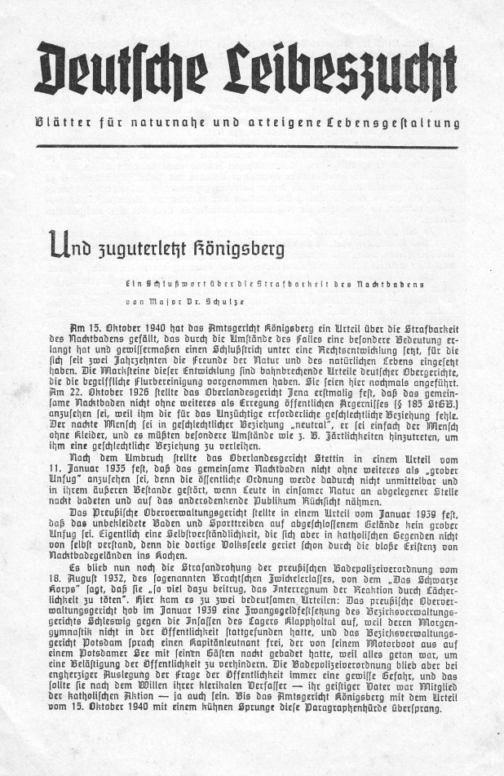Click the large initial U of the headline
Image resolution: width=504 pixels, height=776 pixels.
[x=60, y=242]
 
